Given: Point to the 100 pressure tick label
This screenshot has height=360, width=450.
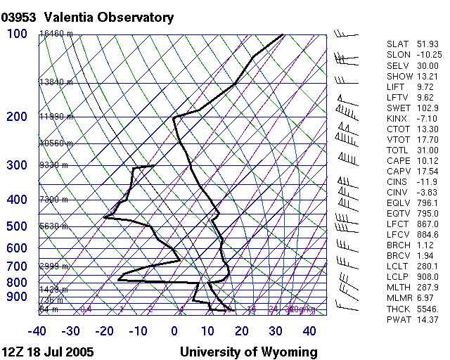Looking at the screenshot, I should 17,34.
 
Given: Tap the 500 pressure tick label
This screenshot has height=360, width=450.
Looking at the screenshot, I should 17,226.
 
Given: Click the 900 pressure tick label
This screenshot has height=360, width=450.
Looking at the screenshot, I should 17,297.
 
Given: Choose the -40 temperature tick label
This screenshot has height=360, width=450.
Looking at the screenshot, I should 38,331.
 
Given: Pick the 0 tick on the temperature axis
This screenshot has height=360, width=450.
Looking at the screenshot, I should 174,331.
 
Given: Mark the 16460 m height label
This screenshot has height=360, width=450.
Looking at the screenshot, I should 56,34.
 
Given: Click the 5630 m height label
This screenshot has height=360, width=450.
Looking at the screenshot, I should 53,226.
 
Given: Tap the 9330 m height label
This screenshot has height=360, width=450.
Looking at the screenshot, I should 53,165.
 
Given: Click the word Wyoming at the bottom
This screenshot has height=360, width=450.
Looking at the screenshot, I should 290,352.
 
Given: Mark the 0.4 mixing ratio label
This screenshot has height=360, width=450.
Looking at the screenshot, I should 86,309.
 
